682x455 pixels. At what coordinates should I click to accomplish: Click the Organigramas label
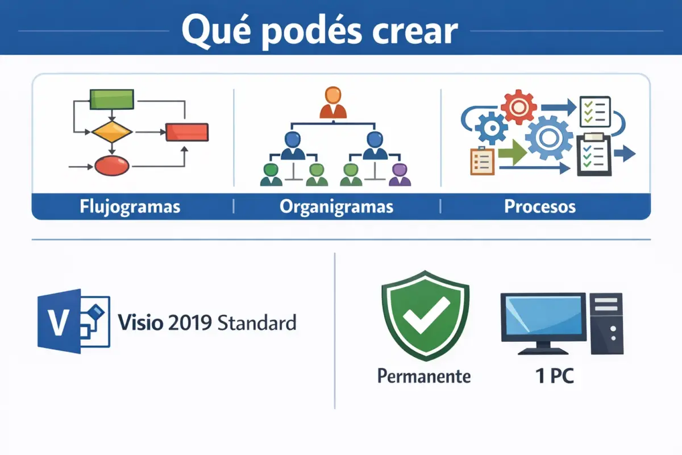pos(336,206)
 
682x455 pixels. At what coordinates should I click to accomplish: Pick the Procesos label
pos(540,206)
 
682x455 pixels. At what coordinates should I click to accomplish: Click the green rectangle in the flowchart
pos(112,99)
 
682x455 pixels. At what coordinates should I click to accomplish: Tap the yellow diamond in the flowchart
pos(112,132)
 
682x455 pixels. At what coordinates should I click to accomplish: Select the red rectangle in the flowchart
pos(187,132)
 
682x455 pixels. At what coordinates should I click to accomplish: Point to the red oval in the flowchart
pos(112,166)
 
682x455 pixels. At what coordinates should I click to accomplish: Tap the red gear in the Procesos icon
pos(518,107)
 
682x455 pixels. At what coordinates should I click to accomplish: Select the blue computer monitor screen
pos(543,317)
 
